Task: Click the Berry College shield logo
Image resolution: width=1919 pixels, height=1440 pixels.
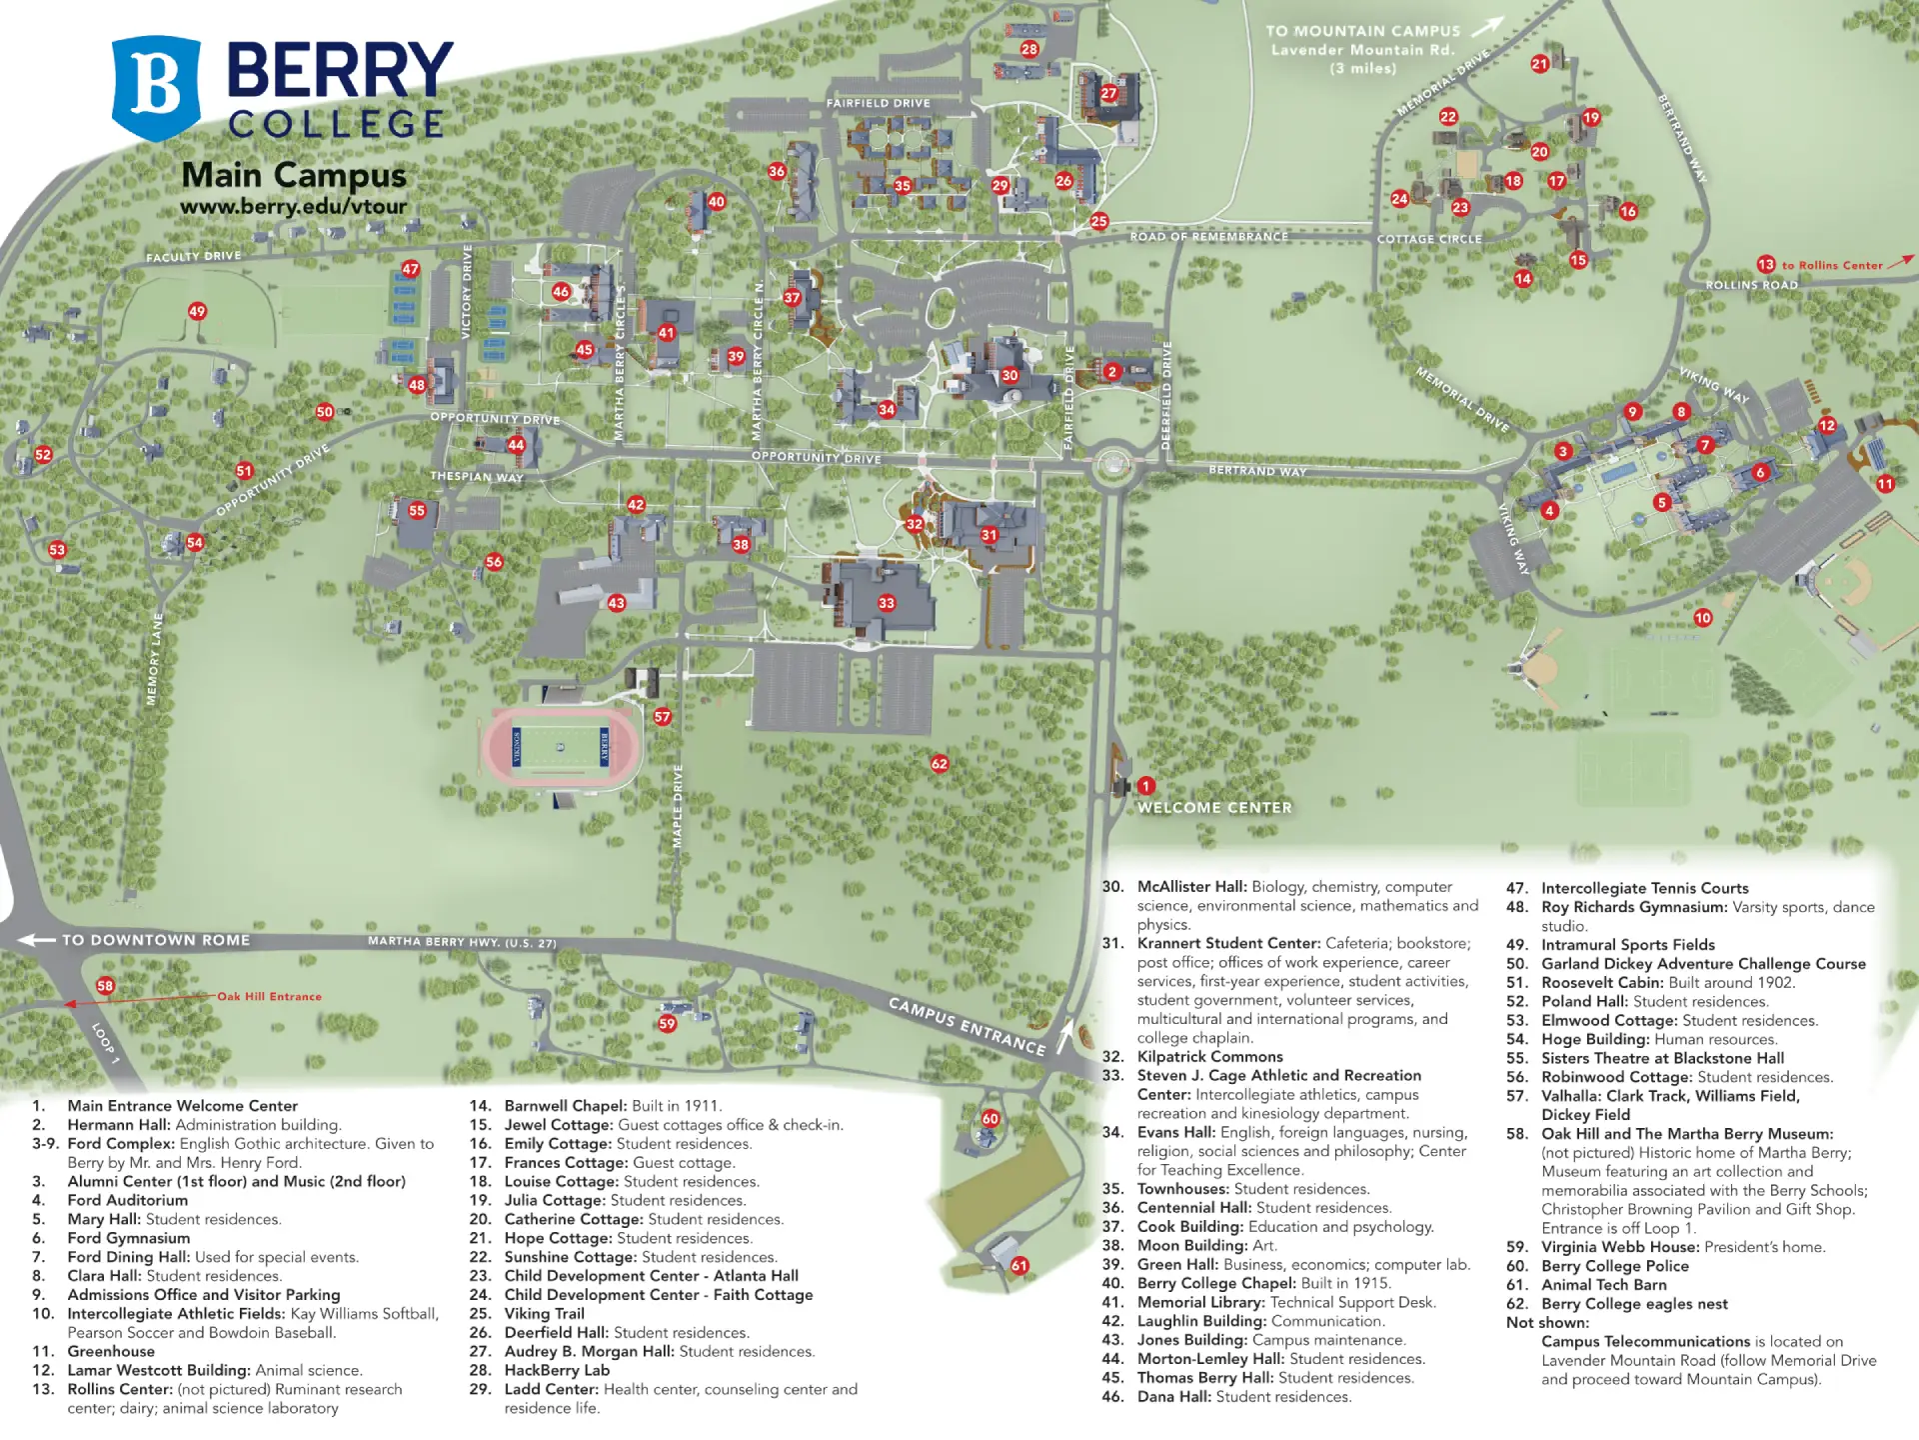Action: click(156, 88)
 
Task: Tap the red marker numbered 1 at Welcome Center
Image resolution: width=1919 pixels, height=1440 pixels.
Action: click(1146, 786)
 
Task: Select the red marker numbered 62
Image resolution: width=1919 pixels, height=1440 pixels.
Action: click(940, 764)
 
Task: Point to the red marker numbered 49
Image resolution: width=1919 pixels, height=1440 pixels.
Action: click(197, 311)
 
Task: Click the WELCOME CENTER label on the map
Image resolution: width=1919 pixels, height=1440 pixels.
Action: click(1214, 808)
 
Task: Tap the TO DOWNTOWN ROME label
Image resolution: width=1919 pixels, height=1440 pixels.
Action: click(155, 940)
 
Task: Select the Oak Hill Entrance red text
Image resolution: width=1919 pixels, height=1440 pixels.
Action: click(270, 996)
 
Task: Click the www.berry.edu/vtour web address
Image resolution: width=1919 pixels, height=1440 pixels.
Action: click(293, 207)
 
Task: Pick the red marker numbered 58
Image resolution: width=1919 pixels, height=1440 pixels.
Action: click(105, 986)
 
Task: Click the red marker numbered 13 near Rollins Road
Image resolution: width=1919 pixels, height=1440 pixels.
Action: click(1766, 265)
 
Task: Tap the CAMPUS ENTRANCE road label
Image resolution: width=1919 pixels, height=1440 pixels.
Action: click(966, 1026)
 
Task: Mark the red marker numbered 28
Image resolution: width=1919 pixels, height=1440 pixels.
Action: click(1029, 49)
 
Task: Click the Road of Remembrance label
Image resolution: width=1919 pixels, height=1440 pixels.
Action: click(1208, 237)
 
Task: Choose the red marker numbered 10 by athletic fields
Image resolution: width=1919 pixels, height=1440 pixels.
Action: click(1703, 618)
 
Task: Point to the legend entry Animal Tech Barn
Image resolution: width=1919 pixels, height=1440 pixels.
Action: click(1603, 1285)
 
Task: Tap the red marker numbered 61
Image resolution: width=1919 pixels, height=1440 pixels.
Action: click(1019, 1266)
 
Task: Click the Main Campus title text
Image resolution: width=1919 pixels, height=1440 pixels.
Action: click(294, 176)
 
